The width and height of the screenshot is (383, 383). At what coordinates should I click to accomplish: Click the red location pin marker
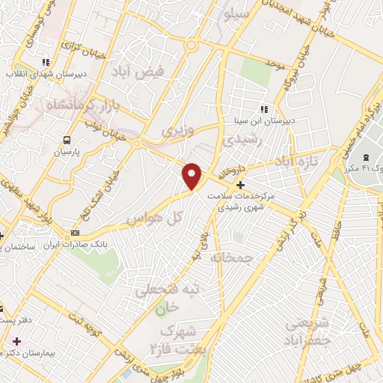(193, 176)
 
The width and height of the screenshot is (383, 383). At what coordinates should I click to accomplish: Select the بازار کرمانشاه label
(85, 108)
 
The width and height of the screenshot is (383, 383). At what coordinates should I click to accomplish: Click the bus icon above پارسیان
(67, 139)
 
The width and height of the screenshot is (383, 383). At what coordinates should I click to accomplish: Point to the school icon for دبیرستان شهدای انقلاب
(46, 62)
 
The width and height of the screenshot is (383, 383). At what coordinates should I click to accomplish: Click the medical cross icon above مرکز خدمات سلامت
(240, 185)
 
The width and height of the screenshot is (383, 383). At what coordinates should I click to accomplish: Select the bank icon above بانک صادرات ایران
(73, 233)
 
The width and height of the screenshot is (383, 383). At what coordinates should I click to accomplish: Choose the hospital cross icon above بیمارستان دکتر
(14, 341)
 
